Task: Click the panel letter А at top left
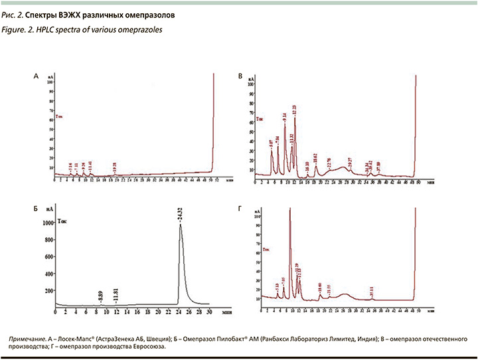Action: [x=36, y=77]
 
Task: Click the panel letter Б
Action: [x=36, y=209]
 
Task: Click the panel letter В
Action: [x=240, y=77]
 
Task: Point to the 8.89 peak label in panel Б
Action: [x=100, y=296]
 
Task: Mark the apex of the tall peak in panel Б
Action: [x=180, y=225]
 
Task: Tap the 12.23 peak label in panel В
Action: [x=295, y=110]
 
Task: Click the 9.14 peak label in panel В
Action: [x=284, y=118]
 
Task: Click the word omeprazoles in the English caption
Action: [x=138, y=29]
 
